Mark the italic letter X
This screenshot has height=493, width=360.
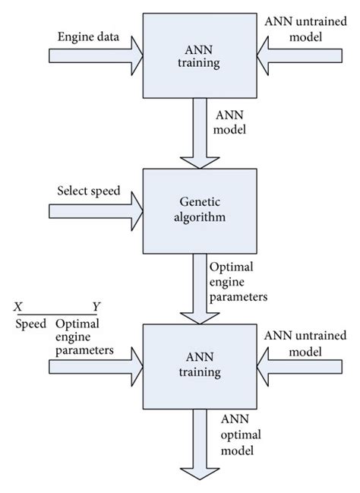pyautogui.click(x=17, y=307)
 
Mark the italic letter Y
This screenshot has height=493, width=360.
pyautogui.click(x=96, y=307)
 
